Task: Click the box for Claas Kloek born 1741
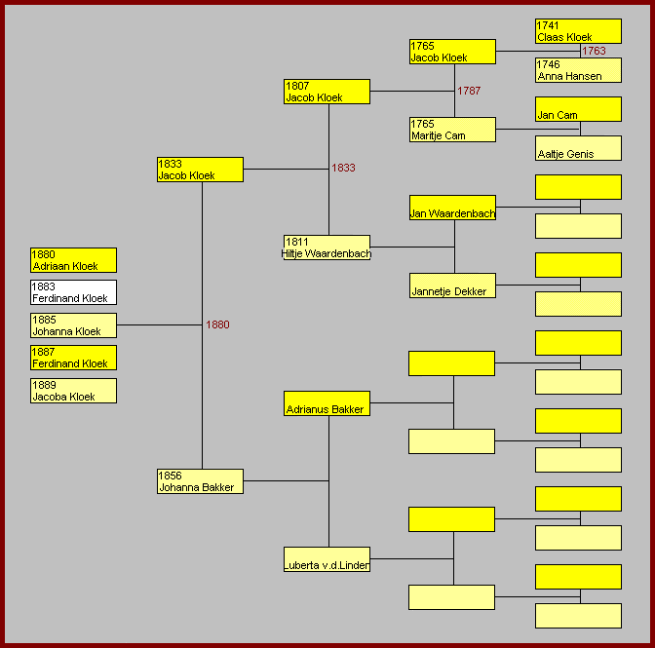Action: point(578,31)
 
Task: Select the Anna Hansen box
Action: point(578,70)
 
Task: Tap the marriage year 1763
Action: point(594,51)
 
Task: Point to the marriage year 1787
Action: point(469,91)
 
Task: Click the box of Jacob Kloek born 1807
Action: point(327,92)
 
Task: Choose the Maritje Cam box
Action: point(452,130)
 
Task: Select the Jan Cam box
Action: point(578,109)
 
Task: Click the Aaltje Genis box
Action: point(578,148)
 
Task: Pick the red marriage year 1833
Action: point(343,168)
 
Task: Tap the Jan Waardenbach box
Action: point(452,208)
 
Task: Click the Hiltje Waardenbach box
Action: point(327,248)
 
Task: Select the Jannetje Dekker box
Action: point(452,286)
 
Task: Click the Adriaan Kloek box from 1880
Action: point(73,260)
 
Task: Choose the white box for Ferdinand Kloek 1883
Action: point(73,292)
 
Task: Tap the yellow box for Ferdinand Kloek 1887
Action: point(73,358)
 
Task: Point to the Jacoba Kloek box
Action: point(73,391)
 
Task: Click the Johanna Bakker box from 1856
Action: point(200,481)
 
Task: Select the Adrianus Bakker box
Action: point(327,403)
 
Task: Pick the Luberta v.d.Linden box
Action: point(327,559)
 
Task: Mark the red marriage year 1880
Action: point(217,324)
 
